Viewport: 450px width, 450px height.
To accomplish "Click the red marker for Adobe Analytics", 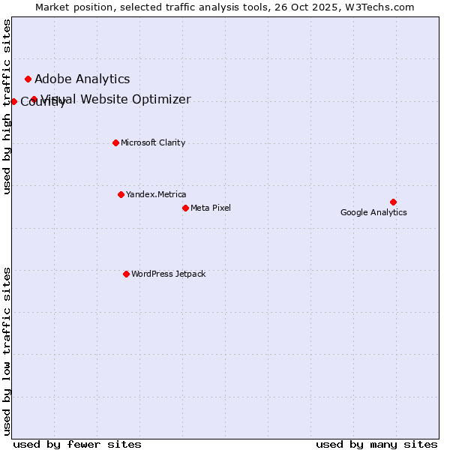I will pyautogui.click(x=28, y=79).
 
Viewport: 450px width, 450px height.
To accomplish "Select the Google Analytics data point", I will pyautogui.click(x=393, y=202).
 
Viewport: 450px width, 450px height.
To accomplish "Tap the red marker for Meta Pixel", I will pyautogui.click(x=185, y=208).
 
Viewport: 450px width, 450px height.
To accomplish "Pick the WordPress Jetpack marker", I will pyautogui.click(x=126, y=274).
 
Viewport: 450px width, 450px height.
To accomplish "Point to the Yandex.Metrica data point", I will pyautogui.click(x=121, y=194).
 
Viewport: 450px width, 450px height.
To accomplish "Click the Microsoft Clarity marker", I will pyautogui.click(x=115, y=142).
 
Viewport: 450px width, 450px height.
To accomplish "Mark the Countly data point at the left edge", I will pyautogui.click(x=13, y=101).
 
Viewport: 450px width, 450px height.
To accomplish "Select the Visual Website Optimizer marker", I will pyautogui.click(x=34, y=99).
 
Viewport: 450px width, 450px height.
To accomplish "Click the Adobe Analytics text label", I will pyautogui.click(x=82, y=79).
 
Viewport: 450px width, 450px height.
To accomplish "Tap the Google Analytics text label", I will pyautogui.click(x=373, y=212).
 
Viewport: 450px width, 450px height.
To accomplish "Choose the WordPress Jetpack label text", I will pyautogui.click(x=168, y=274).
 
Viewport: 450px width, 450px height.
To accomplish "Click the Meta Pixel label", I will pyautogui.click(x=211, y=208).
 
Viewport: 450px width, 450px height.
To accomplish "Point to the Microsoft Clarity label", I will pyautogui.click(x=153, y=142).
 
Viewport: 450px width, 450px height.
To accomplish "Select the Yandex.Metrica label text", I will pyautogui.click(x=156, y=194).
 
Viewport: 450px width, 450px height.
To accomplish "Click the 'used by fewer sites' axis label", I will pyautogui.click(x=77, y=444).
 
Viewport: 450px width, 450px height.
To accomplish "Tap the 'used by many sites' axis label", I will pyautogui.click(x=376, y=444).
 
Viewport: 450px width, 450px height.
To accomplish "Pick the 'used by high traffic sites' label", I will pyautogui.click(x=7, y=106).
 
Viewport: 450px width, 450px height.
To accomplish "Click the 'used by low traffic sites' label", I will pyautogui.click(x=7, y=350).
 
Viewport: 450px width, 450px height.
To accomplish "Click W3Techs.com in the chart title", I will pyautogui.click(x=381, y=7).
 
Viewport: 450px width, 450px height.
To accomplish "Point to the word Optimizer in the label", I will pyautogui.click(x=162, y=100).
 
